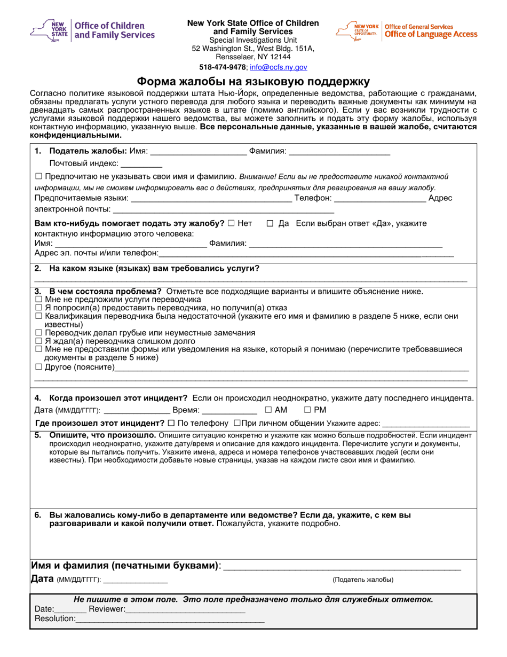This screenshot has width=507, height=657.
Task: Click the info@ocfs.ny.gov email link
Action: pyautogui.click(x=279, y=68)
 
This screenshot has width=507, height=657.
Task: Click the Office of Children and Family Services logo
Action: pyautogui.click(x=93, y=30)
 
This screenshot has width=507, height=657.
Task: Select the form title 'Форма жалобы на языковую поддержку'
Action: pyautogui.click(x=253, y=82)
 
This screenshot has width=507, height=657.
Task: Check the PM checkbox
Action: pyautogui.click(x=307, y=410)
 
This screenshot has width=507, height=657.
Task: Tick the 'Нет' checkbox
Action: pyautogui.click(x=230, y=223)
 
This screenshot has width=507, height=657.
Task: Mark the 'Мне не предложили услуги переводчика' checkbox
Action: pyautogui.click(x=38, y=300)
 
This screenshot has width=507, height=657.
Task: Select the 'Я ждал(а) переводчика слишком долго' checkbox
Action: pyautogui.click(x=38, y=340)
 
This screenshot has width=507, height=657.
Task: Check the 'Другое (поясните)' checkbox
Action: pyautogui.click(x=38, y=367)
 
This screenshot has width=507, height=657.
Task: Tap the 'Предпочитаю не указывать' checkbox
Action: pyautogui.click(x=38, y=176)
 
